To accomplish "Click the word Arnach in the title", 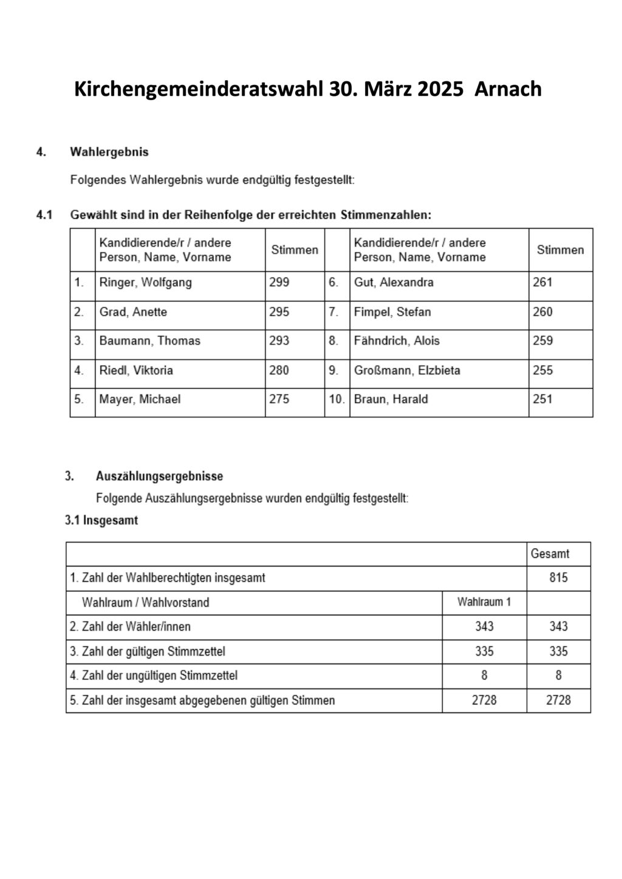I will tap(507, 89).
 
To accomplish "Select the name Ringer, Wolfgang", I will tap(145, 282).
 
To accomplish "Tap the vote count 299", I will tap(279, 282).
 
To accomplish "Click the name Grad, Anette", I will tap(133, 312).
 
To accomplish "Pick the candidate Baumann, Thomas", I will tap(149, 341).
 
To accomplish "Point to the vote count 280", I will tap(279, 370).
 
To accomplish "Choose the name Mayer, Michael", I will tap(140, 399).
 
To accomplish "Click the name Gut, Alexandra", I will tap(394, 282).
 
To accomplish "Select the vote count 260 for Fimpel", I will tap(542, 312).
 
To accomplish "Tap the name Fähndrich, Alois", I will tap(397, 341).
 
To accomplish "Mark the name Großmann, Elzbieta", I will tap(407, 370).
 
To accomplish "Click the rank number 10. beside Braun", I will tap(337, 399).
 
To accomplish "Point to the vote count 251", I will tap(542, 399).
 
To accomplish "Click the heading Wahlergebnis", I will tap(109, 152).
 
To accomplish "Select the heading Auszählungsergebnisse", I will tap(159, 477).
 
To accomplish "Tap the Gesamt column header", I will tap(550, 554).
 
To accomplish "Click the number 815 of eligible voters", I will tap(558, 578).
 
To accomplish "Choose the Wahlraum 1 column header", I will tap(484, 602).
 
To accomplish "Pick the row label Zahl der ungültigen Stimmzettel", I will tap(154, 676).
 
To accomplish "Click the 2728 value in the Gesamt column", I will tap(558, 700).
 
